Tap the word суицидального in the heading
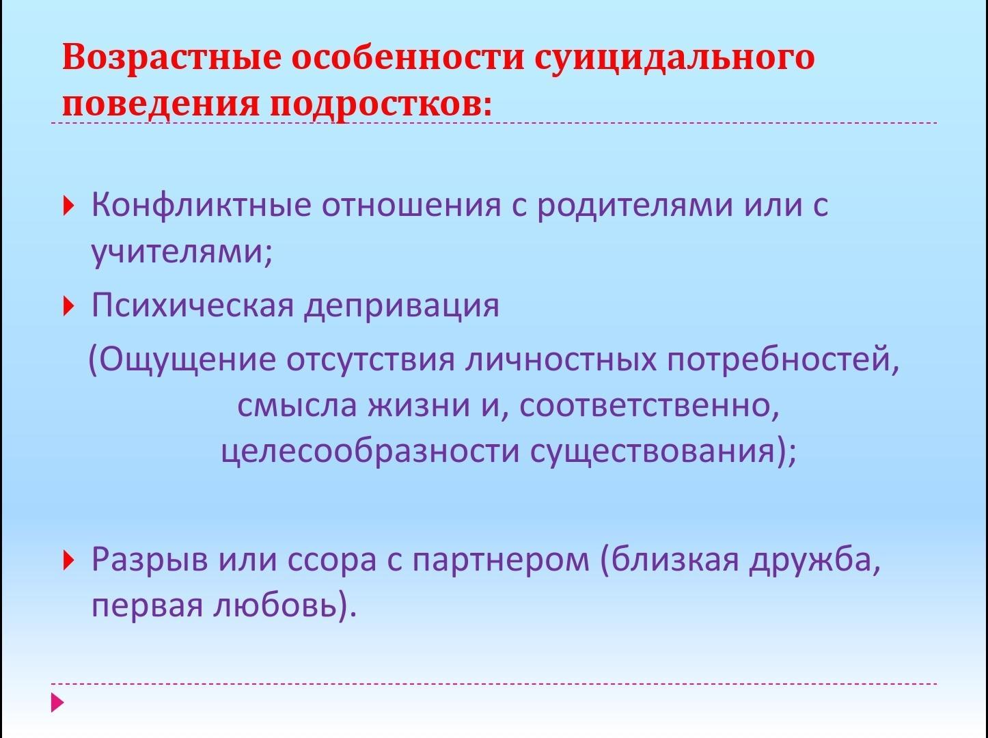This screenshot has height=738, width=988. [x=674, y=58]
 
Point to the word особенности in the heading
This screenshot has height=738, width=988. [x=408, y=57]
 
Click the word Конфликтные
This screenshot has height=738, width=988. [x=201, y=206]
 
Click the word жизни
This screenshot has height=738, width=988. [x=419, y=405]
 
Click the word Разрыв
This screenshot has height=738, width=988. [x=150, y=561]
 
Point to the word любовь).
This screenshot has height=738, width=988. [x=284, y=605]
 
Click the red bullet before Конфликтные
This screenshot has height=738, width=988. [x=68, y=206]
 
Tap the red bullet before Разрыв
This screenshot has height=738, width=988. [x=68, y=561]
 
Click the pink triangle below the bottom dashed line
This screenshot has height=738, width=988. [x=57, y=702]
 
